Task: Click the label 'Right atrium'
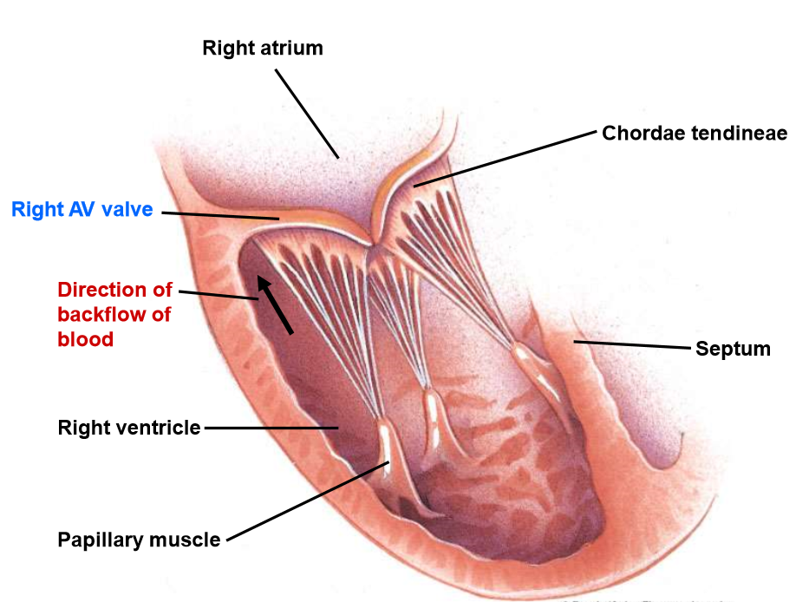263,48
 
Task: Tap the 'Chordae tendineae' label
695,133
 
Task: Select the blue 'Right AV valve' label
82,210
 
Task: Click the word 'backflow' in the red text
101,314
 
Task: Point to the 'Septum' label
733,349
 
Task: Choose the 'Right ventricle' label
129,428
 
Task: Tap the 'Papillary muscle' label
139,540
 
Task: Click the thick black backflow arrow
278,305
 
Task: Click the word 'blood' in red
85,339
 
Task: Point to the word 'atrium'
292,48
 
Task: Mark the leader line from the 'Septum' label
633,345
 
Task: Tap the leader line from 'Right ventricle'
269,428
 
